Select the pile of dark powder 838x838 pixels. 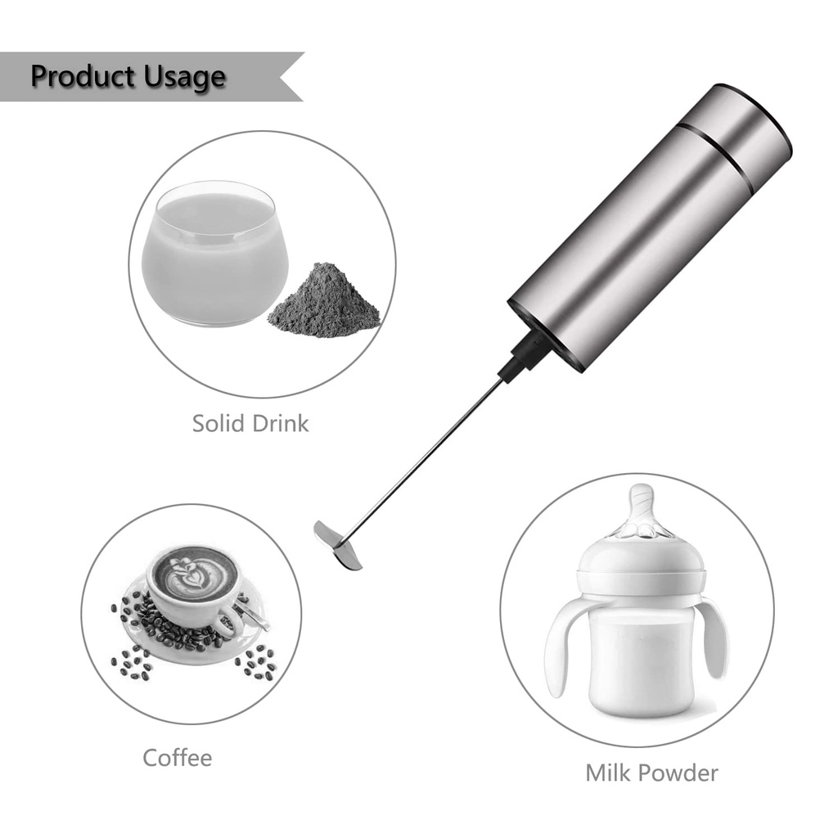pos(324,302)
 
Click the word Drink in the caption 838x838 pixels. pos(281,423)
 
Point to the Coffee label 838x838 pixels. pos(177,757)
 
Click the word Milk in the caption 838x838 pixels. pos(611,772)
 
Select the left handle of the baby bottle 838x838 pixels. pos(565,647)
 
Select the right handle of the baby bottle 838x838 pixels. pos(713,638)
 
